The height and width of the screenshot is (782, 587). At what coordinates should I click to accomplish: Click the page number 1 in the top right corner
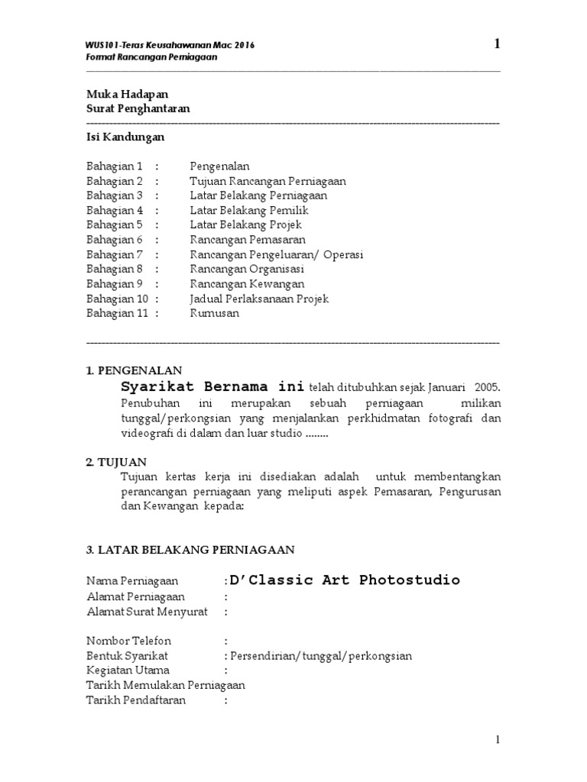[x=498, y=44]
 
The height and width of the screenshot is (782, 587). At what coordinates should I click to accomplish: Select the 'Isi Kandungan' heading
[x=125, y=137]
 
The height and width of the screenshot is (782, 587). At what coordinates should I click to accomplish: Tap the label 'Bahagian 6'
[x=115, y=240]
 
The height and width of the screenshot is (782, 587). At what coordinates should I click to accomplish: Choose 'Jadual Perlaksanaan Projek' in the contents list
[x=259, y=299]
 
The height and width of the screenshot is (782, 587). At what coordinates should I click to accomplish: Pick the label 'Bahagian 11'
[x=117, y=313]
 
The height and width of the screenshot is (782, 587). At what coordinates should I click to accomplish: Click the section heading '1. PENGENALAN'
[x=134, y=371]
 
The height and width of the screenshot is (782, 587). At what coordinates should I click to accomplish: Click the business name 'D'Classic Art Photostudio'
[x=344, y=580]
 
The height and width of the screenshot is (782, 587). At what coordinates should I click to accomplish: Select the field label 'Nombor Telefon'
[x=128, y=641]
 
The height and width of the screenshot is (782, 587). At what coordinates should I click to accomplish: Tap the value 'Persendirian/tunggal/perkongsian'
[x=321, y=656]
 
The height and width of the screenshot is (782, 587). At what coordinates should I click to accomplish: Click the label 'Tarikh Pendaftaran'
[x=136, y=700]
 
